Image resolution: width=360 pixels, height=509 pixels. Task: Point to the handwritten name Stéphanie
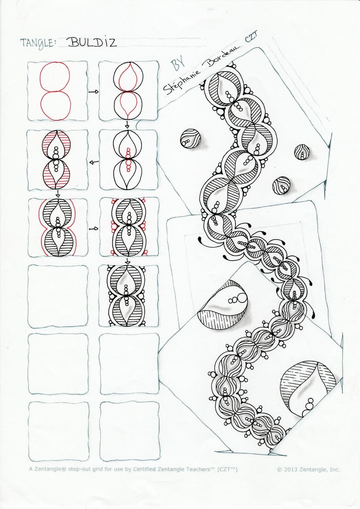coord(182,80)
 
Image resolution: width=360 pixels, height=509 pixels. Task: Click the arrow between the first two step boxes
coord(93,92)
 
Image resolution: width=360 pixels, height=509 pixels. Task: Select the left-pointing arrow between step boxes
coord(94,162)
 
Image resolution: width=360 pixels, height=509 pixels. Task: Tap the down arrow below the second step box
coord(127,125)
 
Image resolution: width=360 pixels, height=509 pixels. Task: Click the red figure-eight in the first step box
coord(55,91)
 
